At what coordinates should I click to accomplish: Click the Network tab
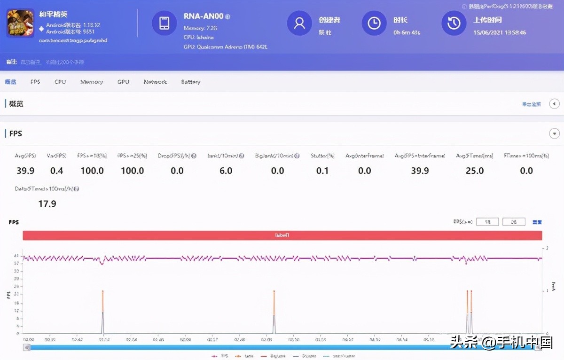click(x=155, y=82)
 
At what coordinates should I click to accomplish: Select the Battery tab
click(x=191, y=82)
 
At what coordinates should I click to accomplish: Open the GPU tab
click(x=123, y=82)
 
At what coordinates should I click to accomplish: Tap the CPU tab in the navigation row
click(x=60, y=82)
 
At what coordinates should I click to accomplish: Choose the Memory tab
click(x=92, y=82)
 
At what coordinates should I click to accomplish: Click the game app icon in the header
click(x=20, y=23)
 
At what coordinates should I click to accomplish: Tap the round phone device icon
click(x=164, y=23)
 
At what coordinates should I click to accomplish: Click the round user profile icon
click(x=299, y=23)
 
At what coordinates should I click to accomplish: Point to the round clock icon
click(x=374, y=23)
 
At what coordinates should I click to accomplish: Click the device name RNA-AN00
click(x=204, y=16)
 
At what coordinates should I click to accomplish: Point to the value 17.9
click(x=47, y=203)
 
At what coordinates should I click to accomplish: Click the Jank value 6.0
click(x=226, y=171)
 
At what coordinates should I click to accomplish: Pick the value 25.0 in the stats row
click(x=475, y=171)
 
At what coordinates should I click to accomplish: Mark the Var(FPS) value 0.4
click(x=57, y=171)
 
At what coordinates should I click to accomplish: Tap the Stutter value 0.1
click(x=322, y=171)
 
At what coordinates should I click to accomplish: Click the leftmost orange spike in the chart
click(x=103, y=301)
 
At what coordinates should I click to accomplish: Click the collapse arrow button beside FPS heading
click(x=554, y=133)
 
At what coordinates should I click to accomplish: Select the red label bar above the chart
click(x=282, y=235)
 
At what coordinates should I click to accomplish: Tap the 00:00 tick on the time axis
click(x=29, y=339)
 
